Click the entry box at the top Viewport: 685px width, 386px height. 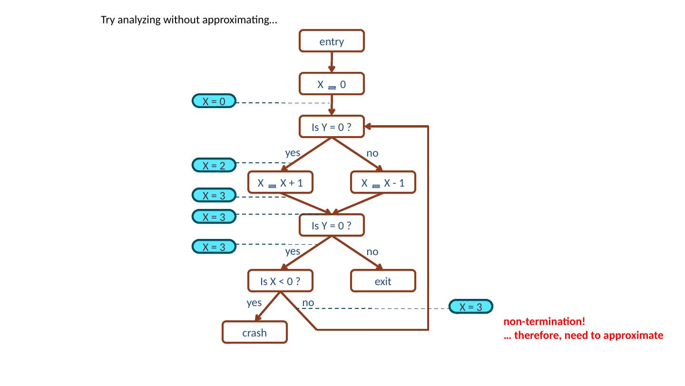click(332, 41)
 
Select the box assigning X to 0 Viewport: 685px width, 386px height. click(332, 84)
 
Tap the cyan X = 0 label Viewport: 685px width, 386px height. click(214, 101)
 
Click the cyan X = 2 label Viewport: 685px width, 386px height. click(214, 166)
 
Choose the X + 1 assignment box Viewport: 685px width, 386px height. click(281, 183)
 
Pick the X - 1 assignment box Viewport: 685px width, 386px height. click(383, 183)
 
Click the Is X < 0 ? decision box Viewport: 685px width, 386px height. click(281, 281)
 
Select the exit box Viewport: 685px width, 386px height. click(383, 281)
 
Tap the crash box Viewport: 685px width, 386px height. click(254, 333)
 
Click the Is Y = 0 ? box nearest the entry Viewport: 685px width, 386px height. click(332, 127)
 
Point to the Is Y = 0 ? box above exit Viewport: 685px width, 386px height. click(332, 226)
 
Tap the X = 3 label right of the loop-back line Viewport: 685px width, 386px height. click(470, 307)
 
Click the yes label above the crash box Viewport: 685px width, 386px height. click(254, 302)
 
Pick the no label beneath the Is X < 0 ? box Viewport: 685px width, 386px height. click(308, 302)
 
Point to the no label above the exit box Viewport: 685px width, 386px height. click(372, 251)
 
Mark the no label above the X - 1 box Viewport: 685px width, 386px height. click(372, 153)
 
